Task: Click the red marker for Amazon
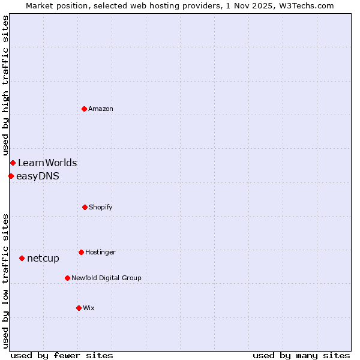point(84,109)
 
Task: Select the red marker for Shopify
point(85,207)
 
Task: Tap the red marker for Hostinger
point(81,252)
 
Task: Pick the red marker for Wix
point(79,308)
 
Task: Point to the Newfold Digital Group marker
point(67,278)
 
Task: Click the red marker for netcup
point(22,258)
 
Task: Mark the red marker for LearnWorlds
point(13,163)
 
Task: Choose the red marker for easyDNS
point(11,176)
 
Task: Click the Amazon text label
point(101,109)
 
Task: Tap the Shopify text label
point(101,207)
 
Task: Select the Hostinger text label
point(100,252)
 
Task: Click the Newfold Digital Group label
point(106,278)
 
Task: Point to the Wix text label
point(89,308)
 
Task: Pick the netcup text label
point(43,258)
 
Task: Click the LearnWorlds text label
point(47,163)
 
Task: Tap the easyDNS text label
point(38,176)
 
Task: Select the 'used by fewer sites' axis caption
point(62,355)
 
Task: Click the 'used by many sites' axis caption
point(301,355)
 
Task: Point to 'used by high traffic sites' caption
point(5,85)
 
